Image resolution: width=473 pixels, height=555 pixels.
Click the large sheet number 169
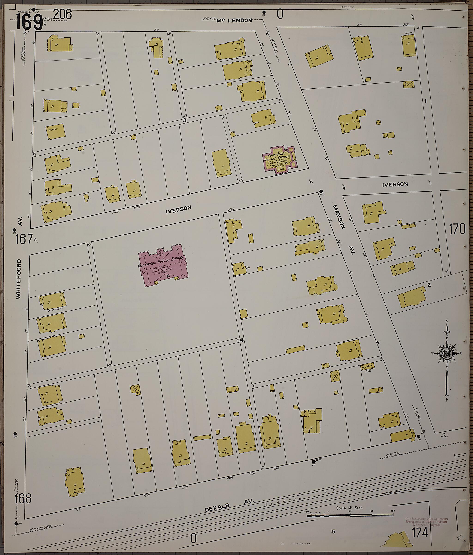(29, 22)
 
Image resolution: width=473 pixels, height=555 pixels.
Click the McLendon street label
(234, 20)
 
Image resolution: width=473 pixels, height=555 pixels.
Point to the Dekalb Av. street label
(229, 505)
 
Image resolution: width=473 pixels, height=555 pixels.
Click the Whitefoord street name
(18, 279)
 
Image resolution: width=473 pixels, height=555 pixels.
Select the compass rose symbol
(446, 354)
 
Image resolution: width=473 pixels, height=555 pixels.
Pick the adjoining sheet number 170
(457, 229)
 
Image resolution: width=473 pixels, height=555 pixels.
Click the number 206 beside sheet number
(62, 15)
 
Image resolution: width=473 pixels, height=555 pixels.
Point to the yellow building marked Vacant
(55, 131)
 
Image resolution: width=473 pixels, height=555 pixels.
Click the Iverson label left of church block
(178, 210)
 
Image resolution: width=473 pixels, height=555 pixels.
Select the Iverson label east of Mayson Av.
(395, 184)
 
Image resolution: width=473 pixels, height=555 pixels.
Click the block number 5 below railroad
(333, 531)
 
